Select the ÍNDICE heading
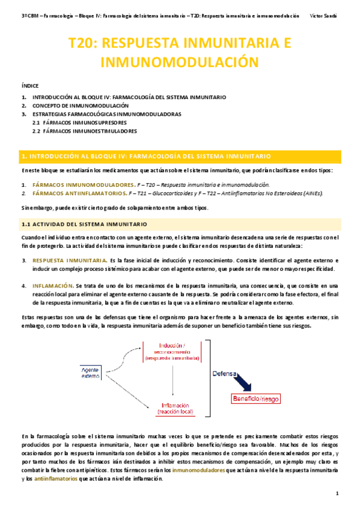tap(29, 86)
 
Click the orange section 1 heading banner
tap(180, 155)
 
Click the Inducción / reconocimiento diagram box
tap(172, 352)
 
